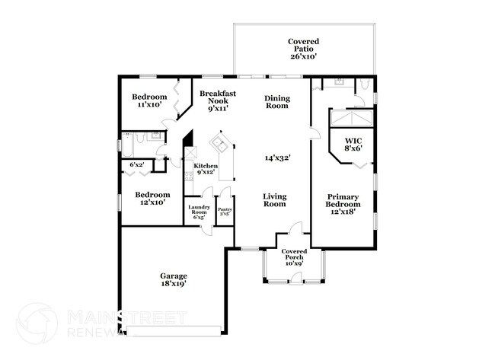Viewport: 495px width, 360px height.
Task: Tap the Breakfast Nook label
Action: point(217,100)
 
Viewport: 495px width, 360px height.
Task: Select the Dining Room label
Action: point(276,102)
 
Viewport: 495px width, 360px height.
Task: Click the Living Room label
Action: point(274,199)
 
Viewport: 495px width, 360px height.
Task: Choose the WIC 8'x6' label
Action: point(353,145)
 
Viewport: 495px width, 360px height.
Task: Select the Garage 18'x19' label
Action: point(174,279)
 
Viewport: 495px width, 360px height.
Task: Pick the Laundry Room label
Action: point(200,211)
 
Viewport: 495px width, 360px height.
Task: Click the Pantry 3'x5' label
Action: point(225,212)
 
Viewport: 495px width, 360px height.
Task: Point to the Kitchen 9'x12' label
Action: point(206,169)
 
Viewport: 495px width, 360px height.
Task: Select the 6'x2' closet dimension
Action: point(137,165)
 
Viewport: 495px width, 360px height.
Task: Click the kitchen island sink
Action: point(219,143)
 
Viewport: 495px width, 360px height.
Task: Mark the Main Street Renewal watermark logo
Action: point(37,323)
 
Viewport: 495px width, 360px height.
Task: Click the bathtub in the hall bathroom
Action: point(127,142)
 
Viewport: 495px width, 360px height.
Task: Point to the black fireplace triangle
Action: point(184,143)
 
